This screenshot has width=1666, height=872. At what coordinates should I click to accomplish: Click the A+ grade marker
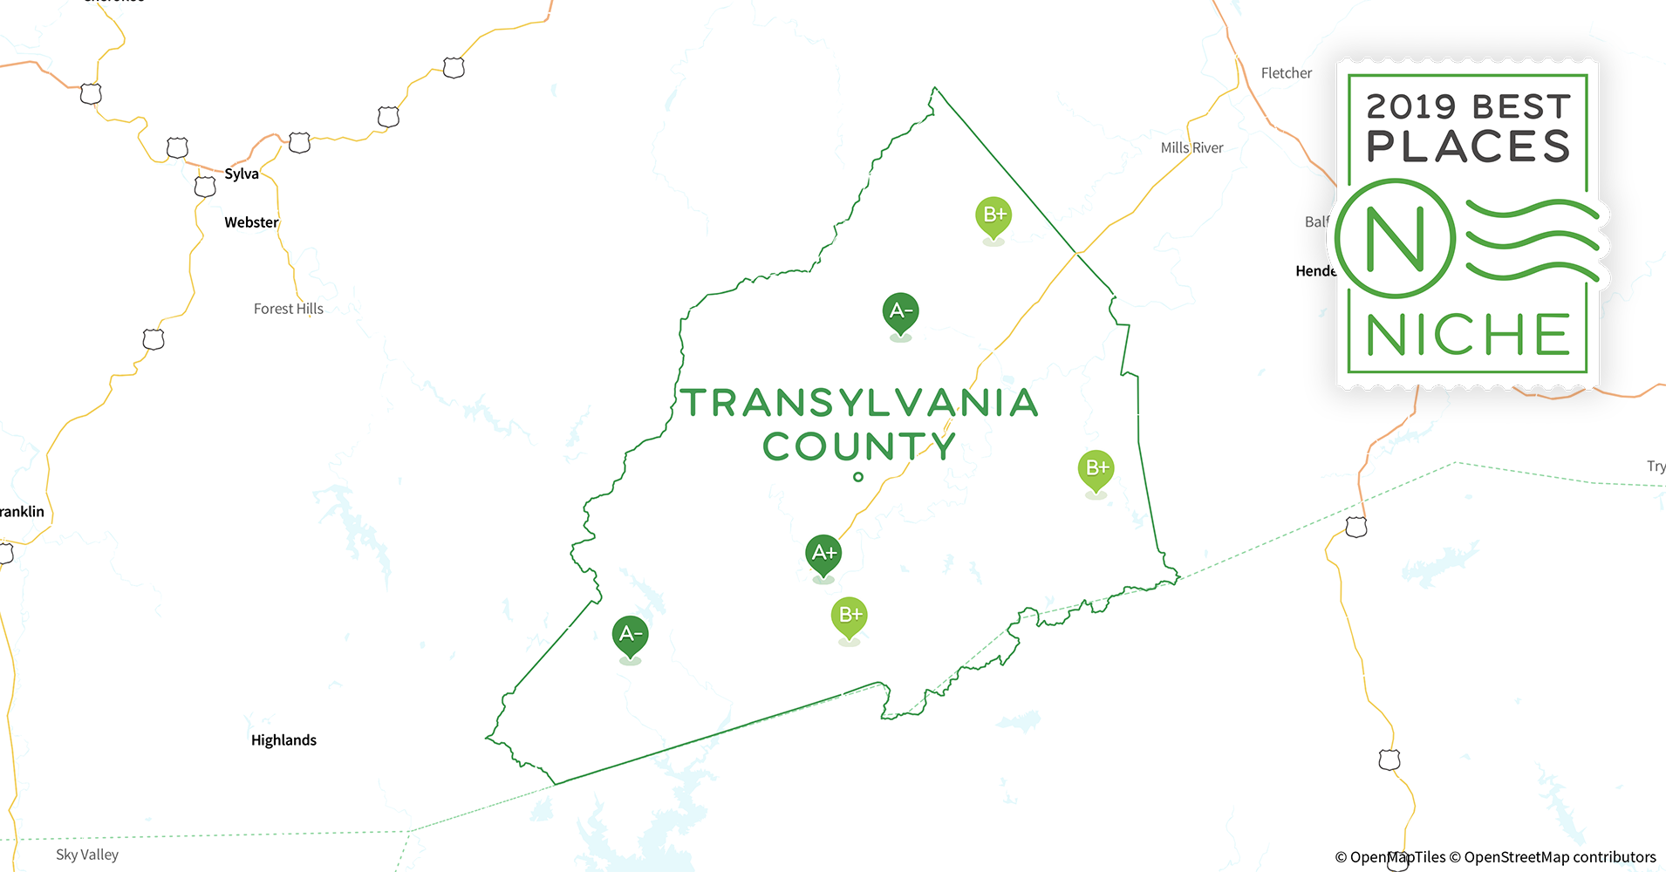pyautogui.click(x=823, y=554)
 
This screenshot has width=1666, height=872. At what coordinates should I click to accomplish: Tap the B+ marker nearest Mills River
pyautogui.click(x=993, y=215)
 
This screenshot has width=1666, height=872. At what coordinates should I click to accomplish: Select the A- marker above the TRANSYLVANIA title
pyautogui.click(x=900, y=311)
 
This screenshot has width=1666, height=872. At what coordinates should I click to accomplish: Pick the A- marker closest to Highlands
pyautogui.click(x=630, y=635)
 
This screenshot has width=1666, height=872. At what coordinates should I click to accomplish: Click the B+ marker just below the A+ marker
pyautogui.click(x=849, y=616)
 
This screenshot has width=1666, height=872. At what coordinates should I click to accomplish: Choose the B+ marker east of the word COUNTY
pyautogui.click(x=1096, y=469)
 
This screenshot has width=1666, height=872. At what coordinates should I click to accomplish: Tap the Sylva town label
pyautogui.click(x=242, y=174)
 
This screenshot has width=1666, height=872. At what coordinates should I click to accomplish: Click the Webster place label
pyautogui.click(x=251, y=222)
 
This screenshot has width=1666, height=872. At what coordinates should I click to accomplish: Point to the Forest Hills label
pyautogui.click(x=288, y=309)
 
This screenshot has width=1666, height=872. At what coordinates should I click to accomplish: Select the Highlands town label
pyautogui.click(x=283, y=740)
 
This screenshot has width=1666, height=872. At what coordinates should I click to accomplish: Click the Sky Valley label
pyautogui.click(x=87, y=855)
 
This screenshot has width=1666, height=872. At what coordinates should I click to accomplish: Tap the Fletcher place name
pyautogui.click(x=1286, y=73)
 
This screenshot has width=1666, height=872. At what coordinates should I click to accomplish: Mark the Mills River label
pyautogui.click(x=1191, y=148)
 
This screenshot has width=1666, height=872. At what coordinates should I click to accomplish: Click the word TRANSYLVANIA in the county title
pyautogui.click(x=859, y=403)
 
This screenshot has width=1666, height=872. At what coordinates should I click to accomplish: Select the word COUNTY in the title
pyautogui.click(x=859, y=446)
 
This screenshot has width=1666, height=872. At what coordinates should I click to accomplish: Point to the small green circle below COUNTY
pyautogui.click(x=858, y=477)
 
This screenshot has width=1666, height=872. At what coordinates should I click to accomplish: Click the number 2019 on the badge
pyautogui.click(x=1411, y=107)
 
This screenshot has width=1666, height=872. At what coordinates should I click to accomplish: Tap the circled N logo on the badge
pyautogui.click(x=1395, y=238)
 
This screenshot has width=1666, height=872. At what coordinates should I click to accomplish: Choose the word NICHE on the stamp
pyautogui.click(x=1468, y=335)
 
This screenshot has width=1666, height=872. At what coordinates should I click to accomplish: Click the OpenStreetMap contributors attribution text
pyautogui.click(x=1560, y=857)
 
